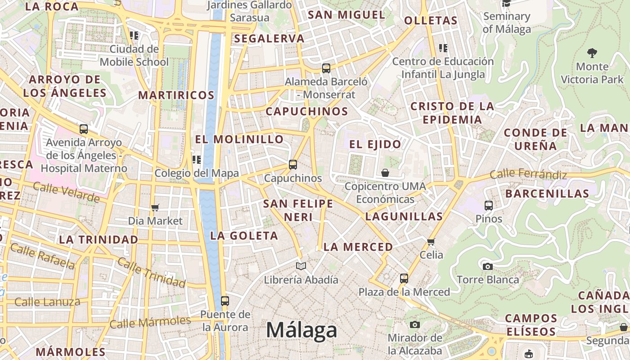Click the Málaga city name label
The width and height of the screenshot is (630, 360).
pos(301,330)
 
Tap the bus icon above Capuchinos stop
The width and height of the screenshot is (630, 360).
pos(293,165)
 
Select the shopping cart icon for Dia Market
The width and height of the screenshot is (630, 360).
pos(155,207)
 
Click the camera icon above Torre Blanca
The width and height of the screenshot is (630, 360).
pos(487,266)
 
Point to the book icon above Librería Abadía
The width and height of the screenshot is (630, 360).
pos(301,266)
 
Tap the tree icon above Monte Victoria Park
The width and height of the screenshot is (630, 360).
pos(592,53)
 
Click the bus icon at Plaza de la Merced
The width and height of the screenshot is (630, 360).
pos(404,278)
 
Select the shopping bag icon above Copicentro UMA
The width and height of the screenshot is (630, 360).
pos(385,173)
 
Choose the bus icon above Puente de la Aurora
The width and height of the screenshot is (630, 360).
pos(225,301)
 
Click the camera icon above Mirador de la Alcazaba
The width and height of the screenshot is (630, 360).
pos(415,324)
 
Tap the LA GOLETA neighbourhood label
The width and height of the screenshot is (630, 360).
pos(244,236)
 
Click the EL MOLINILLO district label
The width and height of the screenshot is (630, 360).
pos(239,139)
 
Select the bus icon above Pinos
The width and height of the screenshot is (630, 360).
pos(489,206)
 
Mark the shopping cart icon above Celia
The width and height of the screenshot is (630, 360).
pos(431,242)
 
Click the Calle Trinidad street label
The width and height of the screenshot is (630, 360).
pos(151,272)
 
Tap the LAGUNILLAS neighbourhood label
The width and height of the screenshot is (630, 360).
pos(404,216)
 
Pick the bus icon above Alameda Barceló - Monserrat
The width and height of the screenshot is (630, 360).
pos(326,68)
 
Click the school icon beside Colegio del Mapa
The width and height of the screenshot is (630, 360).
pos(197,160)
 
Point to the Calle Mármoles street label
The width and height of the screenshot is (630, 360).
pos(150,322)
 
